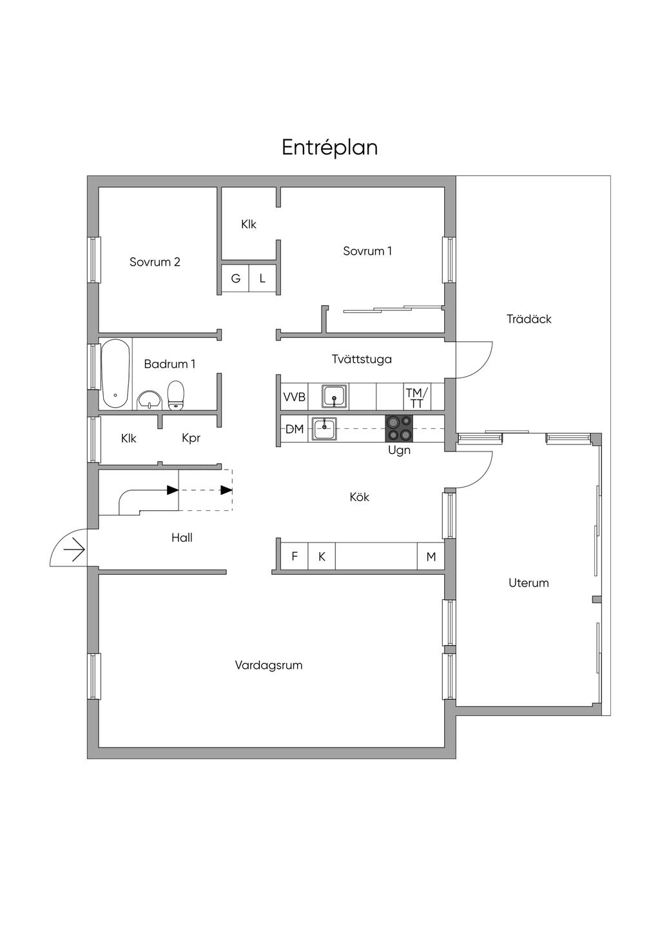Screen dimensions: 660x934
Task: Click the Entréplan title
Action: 329,148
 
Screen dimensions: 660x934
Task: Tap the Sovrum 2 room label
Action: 155,262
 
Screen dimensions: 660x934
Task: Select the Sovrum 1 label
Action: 367,251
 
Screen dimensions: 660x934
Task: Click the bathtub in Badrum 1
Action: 115,373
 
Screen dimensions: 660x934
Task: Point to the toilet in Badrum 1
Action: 175,395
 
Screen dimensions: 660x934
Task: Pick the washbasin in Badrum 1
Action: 150,399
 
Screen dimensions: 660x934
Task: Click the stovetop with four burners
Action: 399,428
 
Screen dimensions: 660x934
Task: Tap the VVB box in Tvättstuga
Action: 294,397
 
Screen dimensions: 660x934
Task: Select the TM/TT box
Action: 416,397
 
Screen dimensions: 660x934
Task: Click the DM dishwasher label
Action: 294,429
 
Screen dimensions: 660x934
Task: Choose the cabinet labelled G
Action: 235,278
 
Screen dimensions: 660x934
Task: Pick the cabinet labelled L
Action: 262,278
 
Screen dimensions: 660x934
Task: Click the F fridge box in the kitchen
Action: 294,556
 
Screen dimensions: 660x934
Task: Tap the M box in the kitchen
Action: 431,556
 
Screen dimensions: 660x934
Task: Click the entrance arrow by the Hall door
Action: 74,550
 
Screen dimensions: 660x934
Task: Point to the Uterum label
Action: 529,583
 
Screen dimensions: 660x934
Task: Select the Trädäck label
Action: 529,319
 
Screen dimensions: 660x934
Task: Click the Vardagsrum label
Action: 268,664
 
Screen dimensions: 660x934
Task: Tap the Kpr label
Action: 191,438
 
